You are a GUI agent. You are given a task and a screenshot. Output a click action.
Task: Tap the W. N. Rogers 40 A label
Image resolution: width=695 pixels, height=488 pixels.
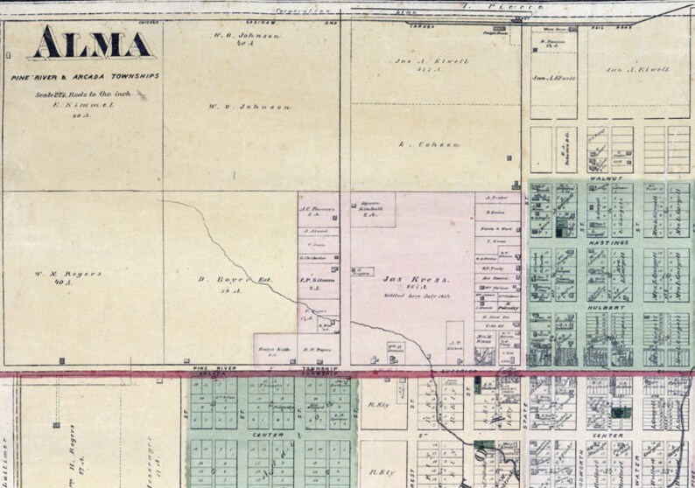point(76,274)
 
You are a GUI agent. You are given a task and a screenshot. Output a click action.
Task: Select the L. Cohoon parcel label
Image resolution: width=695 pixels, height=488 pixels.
point(417,144)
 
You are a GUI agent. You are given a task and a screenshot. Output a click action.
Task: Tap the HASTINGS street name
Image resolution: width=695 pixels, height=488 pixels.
point(610,241)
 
